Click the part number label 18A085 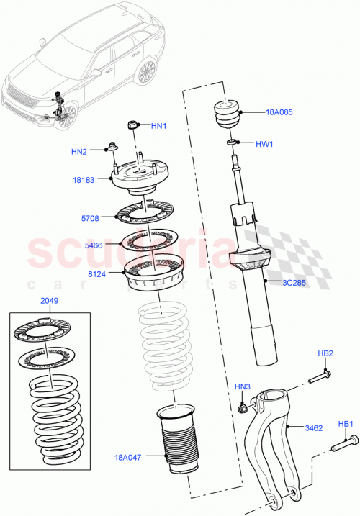coord(279,112)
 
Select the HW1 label coord(266,144)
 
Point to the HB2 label coord(325,353)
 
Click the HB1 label coord(346,424)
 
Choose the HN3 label coord(243,388)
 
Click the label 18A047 coord(129,456)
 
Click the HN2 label coord(78,151)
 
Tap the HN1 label coord(158,126)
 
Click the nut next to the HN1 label coord(132,126)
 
